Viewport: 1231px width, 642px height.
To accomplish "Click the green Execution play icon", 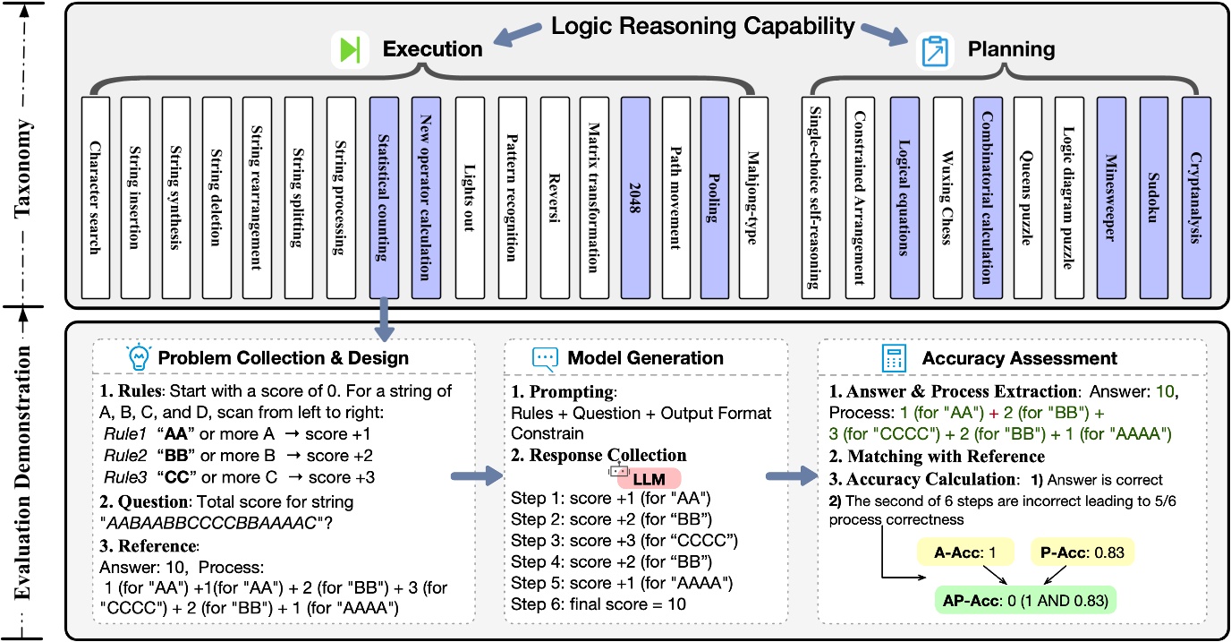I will point(351,51).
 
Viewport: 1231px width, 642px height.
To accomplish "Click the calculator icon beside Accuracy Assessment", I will point(891,358).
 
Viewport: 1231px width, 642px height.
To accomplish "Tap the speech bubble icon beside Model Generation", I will point(544,358).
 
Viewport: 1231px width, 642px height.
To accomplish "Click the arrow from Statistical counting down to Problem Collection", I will point(385,317).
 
